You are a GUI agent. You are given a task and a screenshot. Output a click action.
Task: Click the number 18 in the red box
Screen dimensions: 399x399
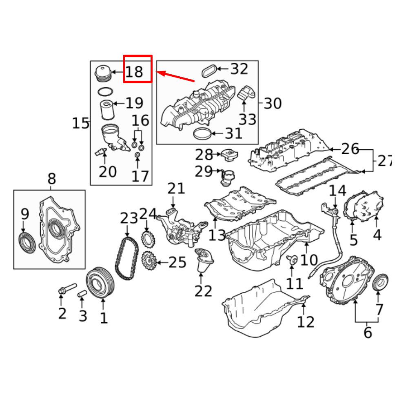tap(134, 72)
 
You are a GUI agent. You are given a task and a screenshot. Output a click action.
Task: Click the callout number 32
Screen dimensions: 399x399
tap(239, 69)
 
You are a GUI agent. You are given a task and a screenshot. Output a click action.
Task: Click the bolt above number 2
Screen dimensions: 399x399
tap(67, 289)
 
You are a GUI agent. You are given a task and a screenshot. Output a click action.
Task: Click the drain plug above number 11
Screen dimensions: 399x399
tap(291, 259)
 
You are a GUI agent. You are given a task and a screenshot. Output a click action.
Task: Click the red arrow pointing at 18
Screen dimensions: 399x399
tap(176, 76)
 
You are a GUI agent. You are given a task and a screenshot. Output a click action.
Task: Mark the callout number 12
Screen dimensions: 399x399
tap(306, 322)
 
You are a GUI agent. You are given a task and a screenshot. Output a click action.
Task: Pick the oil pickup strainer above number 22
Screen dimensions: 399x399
tap(204, 260)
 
